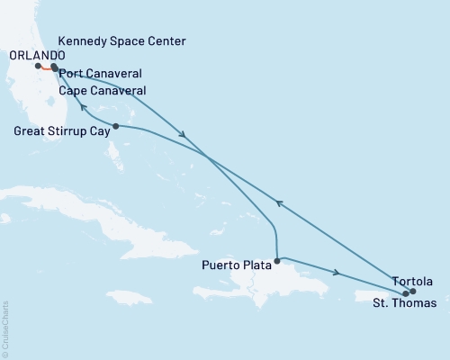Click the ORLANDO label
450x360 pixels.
point(30,53)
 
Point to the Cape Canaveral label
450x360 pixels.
point(101,90)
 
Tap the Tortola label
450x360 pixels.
point(411,279)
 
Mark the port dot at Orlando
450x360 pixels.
point(38,66)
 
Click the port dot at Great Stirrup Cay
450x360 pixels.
point(115,126)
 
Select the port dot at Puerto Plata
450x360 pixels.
point(276,261)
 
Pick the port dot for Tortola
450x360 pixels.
point(412,291)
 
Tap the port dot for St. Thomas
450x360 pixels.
point(406,293)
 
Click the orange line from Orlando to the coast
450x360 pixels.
point(46,68)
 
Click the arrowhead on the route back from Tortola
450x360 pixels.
point(279,203)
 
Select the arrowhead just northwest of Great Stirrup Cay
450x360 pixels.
point(83,108)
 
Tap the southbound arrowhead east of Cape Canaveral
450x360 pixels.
point(184,135)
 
